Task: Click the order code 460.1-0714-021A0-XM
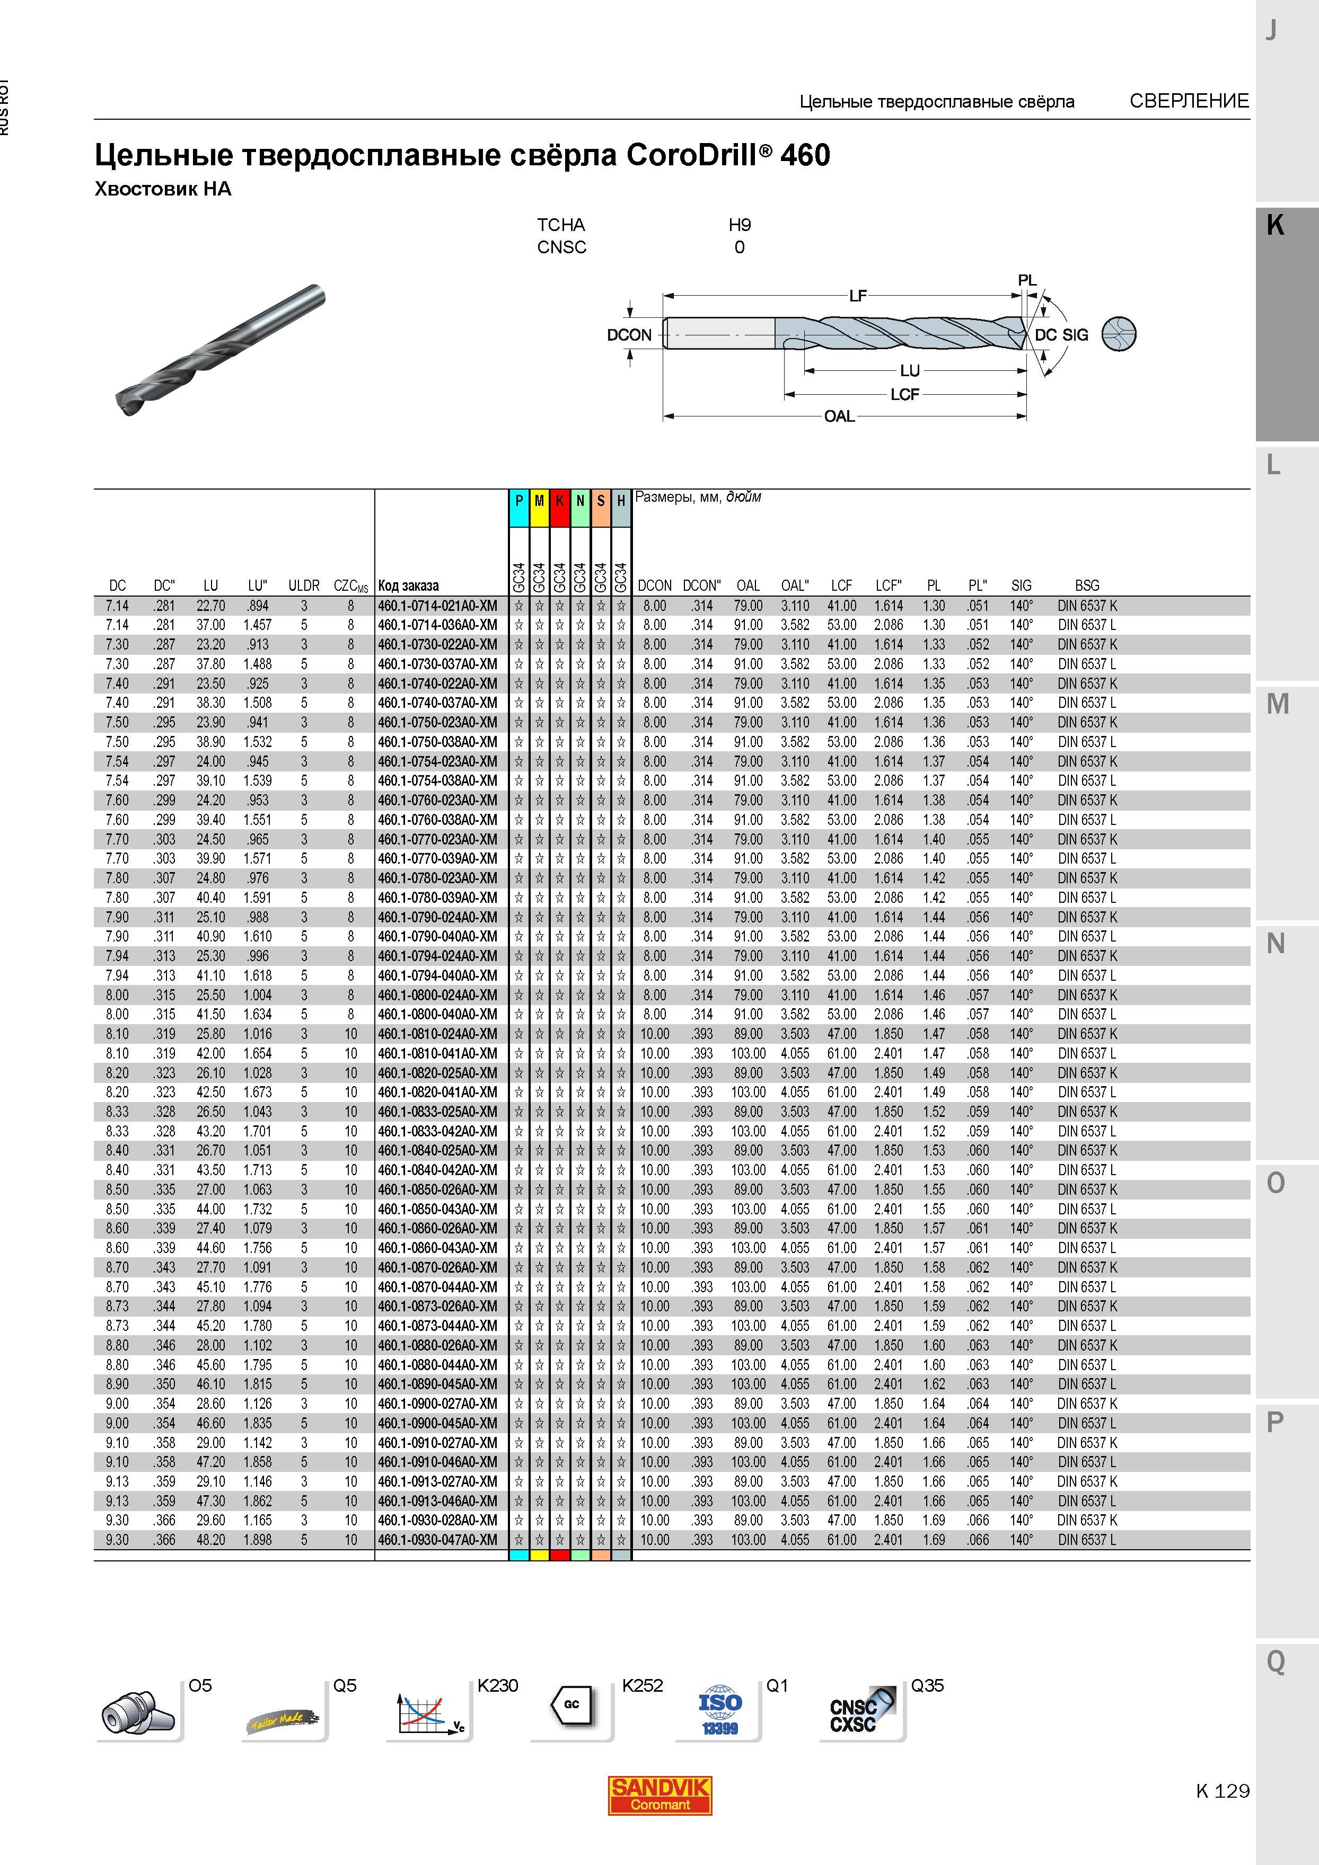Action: tap(437, 606)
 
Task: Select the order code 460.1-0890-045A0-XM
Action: tap(437, 1384)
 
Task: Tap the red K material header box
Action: tap(559, 501)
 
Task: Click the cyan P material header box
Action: tap(518, 501)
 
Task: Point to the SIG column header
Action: tap(1022, 585)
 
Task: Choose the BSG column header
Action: tap(1087, 585)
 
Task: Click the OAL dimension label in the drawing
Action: tap(840, 416)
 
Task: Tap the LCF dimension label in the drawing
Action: tap(904, 394)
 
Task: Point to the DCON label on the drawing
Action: tap(629, 335)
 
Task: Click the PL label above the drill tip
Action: tap(1027, 280)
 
